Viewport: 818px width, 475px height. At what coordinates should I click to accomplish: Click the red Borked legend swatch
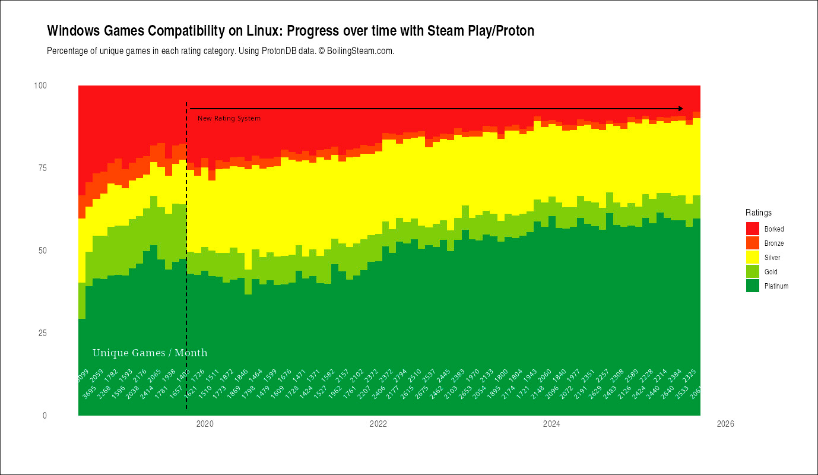point(752,229)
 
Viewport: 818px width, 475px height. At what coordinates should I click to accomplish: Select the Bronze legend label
point(774,243)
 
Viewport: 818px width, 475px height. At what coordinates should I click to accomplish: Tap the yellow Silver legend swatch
point(752,257)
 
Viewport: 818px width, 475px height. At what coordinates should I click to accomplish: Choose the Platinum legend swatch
point(752,286)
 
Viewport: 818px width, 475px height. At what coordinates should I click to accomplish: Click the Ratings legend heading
point(759,213)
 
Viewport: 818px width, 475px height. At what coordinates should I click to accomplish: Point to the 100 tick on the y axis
point(41,85)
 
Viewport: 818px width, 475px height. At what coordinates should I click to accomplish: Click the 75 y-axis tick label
point(43,168)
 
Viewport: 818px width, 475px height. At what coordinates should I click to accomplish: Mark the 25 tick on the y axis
point(43,333)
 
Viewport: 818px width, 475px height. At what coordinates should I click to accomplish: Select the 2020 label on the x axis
point(204,424)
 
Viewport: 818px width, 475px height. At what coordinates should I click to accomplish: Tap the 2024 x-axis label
point(551,424)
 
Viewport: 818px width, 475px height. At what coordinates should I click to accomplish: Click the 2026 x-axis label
point(725,424)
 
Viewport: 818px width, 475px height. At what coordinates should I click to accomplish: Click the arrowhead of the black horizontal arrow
point(681,109)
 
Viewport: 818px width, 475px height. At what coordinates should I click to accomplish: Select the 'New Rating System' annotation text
point(229,119)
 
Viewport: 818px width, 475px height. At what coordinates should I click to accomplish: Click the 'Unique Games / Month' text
point(150,353)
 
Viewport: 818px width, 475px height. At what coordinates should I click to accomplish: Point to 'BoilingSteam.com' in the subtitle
point(360,51)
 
